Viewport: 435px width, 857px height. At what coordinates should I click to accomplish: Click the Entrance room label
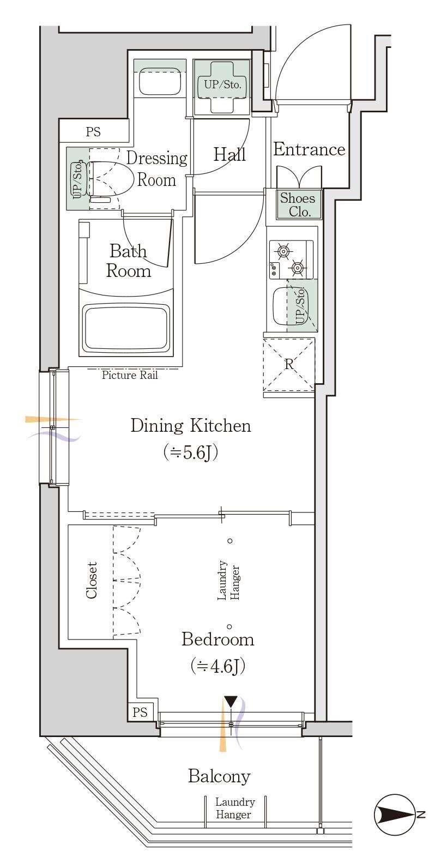click(309, 149)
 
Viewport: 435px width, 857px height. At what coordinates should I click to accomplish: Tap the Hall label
click(229, 155)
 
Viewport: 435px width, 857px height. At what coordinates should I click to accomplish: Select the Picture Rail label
click(130, 375)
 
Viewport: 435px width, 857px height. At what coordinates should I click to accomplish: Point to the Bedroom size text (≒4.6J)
click(217, 666)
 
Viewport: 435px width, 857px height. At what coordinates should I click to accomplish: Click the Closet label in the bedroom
click(92, 580)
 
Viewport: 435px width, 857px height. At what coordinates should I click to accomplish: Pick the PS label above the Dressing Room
click(93, 132)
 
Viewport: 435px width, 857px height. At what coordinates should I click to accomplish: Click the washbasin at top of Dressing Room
click(160, 83)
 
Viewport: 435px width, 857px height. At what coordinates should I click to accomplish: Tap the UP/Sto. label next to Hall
click(222, 85)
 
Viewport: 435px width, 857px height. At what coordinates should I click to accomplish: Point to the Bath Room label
click(128, 261)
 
